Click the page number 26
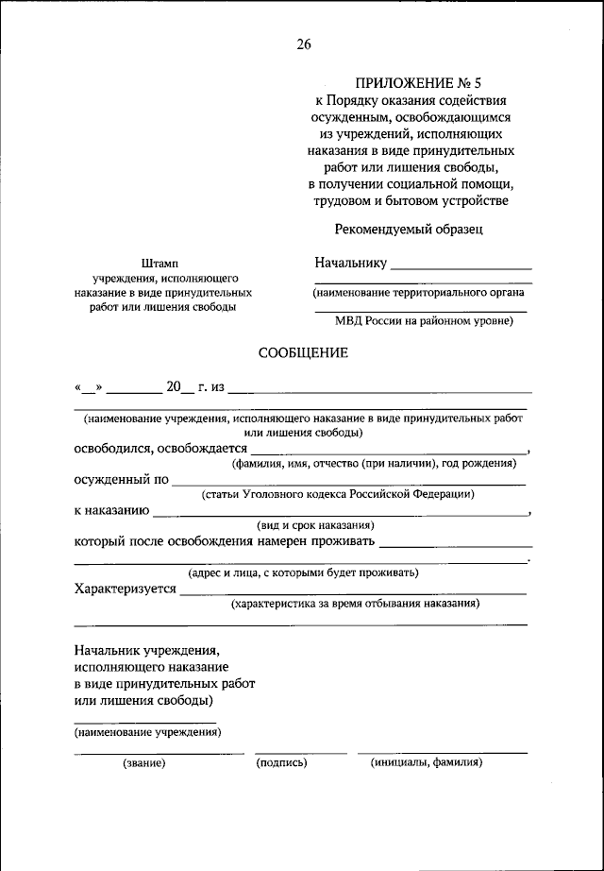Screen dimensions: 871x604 tap(303, 43)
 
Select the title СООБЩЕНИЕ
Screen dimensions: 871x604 tap(303, 353)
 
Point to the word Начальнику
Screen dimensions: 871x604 tap(351, 263)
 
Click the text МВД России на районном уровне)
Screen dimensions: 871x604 tap(424, 321)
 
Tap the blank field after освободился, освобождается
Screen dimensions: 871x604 tap(388, 453)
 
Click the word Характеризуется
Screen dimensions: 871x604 tap(125, 589)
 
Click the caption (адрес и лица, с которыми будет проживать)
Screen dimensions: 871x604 tap(303, 572)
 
